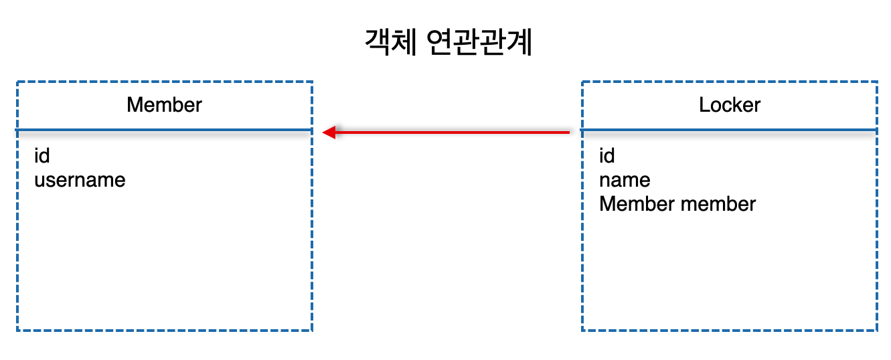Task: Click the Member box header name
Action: pyautogui.click(x=164, y=105)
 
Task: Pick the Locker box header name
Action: pyautogui.click(x=730, y=105)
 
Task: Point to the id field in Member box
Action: pyautogui.click(x=42, y=156)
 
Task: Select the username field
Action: pyautogui.click(x=80, y=180)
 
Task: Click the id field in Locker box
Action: pyautogui.click(x=607, y=156)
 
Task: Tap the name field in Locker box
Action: pyautogui.click(x=625, y=180)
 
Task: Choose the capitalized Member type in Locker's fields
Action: pyautogui.click(x=637, y=204)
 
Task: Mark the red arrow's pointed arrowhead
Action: pyautogui.click(x=328, y=132)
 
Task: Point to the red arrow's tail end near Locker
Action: pyautogui.click(x=568, y=132)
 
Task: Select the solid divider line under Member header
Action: pyautogui.click(x=164, y=129)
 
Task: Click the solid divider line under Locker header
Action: pyautogui.click(x=730, y=129)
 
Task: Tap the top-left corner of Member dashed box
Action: pyautogui.click(x=17, y=82)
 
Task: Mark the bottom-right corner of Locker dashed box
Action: pyautogui.click(x=876, y=330)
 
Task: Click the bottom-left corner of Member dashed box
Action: pyautogui.click(x=17, y=330)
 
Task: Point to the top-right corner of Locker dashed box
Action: pyautogui.click(x=876, y=82)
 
